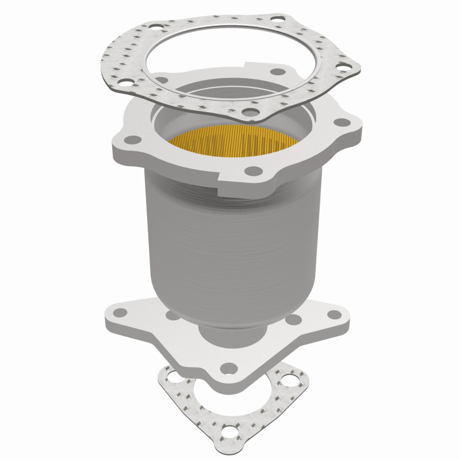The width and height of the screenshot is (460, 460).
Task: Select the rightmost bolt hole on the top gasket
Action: pyautogui.click(x=345, y=68)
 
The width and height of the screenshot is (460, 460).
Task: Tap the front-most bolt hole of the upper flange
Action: pyautogui.click(x=251, y=171)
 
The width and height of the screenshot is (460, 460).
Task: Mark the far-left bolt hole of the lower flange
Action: pyautogui.click(x=120, y=312)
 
